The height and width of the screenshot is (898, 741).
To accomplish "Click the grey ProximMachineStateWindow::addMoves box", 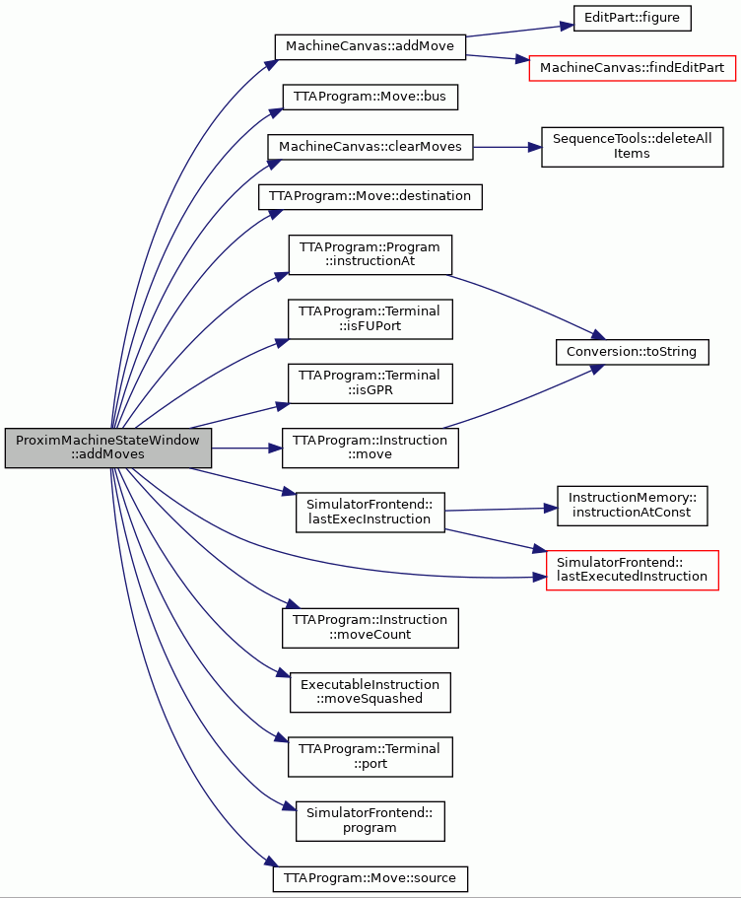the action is pos(108,448).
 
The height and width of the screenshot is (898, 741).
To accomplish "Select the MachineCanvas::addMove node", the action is pos(370,46).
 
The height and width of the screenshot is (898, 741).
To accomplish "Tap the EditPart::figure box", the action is pos(633,18).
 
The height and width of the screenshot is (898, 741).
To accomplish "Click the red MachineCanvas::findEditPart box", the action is pos(633,68).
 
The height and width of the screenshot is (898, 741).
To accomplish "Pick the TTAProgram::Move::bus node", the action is pos(370,97).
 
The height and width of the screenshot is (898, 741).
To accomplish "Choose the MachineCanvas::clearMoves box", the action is pos(370,147).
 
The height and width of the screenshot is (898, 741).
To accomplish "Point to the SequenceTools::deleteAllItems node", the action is pos(633,147).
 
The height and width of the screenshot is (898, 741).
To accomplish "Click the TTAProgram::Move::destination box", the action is pos(370,196).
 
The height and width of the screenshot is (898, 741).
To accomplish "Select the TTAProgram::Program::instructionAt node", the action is pos(370,255).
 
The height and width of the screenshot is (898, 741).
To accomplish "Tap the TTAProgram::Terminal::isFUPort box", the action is pos(370,319).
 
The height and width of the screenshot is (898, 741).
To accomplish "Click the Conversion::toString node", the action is pos(633,352).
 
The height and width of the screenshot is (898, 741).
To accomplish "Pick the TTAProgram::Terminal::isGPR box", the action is pos(370,383).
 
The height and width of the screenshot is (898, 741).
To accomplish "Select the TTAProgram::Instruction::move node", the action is pos(370,448).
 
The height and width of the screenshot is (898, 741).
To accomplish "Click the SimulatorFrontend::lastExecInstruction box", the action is pos(370,512).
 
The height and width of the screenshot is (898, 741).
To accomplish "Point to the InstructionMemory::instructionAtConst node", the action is pos(633,506).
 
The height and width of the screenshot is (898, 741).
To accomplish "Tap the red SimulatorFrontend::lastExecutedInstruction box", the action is pos(633,571).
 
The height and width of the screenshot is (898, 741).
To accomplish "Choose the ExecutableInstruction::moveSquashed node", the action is pos(370,692).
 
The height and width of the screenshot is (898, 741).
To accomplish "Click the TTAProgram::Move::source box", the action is pos(370,878).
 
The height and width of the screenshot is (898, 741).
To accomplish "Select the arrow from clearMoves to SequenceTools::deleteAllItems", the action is pos(507,147).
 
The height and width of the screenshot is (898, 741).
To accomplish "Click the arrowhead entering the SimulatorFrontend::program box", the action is pos(289,807).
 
